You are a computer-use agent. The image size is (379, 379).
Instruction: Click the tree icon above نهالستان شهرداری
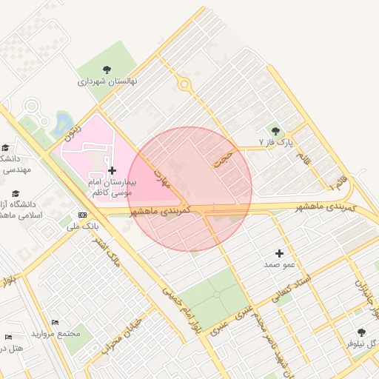107,70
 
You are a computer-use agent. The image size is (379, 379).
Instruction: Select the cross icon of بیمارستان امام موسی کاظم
112,170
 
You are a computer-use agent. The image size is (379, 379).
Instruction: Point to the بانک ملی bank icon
82,215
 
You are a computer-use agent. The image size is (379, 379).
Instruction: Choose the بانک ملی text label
82,226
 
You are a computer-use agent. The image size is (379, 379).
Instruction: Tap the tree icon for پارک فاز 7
276,130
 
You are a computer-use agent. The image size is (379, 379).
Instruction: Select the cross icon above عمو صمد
279,253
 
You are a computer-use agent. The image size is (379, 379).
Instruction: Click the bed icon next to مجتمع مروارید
55,323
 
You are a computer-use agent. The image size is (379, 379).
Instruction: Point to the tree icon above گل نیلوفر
361,332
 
